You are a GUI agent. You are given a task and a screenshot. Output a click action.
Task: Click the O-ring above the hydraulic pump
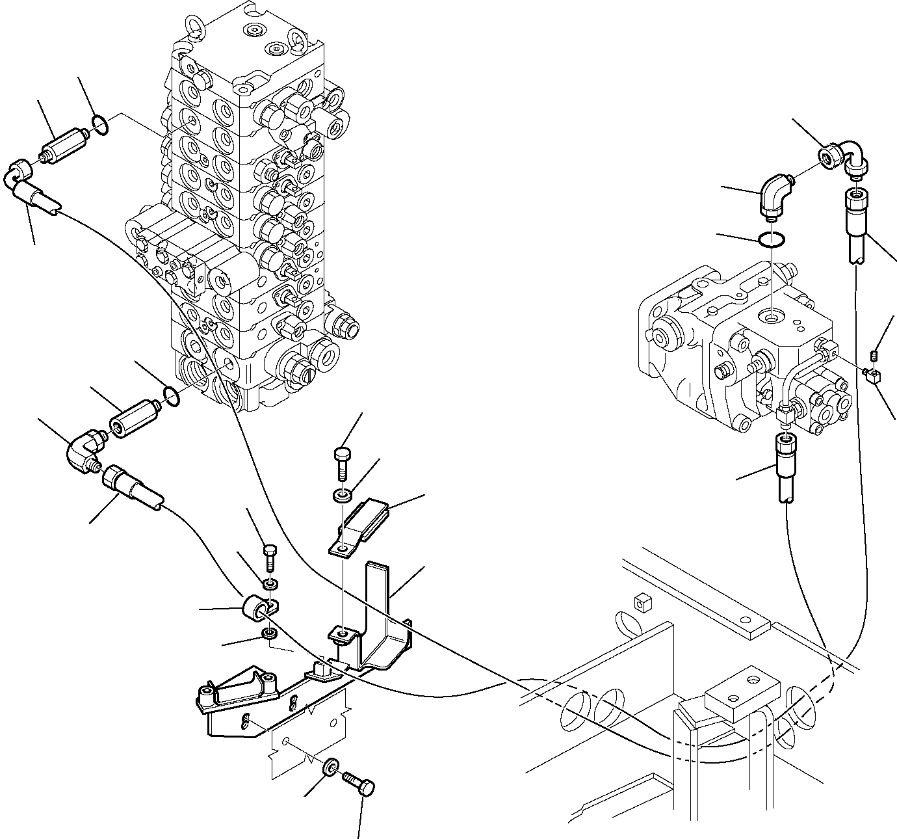point(772,240)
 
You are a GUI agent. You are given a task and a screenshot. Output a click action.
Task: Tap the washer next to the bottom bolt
point(331,767)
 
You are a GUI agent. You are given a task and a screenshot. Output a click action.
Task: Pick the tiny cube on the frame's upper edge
point(644,603)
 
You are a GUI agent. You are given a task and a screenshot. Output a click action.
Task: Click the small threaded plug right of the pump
point(874,354)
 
